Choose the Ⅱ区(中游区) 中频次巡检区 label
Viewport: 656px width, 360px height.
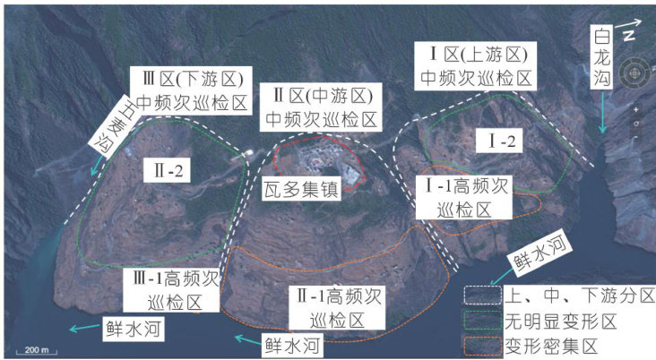[324, 107]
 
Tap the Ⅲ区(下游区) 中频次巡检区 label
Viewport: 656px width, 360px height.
[188, 90]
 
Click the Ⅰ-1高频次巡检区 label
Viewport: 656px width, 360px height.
[465, 197]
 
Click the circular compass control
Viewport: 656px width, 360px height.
[635, 72]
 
